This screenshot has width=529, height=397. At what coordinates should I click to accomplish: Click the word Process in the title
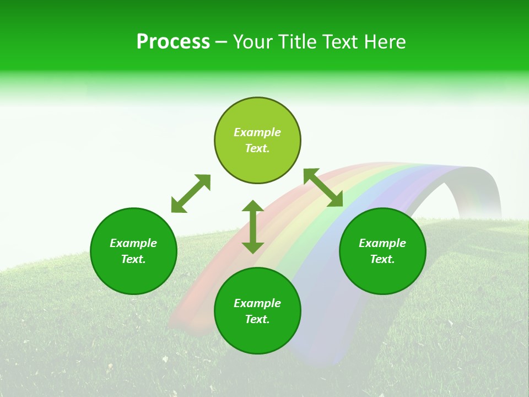(173, 42)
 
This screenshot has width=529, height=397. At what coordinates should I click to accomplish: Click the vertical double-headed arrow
(253, 227)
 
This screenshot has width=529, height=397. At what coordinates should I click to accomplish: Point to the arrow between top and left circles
(191, 194)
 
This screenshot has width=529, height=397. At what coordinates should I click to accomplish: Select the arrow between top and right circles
(323, 187)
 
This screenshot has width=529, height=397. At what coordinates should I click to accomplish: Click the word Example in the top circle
(257, 132)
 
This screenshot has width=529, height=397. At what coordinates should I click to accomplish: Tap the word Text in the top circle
(257, 148)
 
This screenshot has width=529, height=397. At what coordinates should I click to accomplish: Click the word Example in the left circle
(133, 243)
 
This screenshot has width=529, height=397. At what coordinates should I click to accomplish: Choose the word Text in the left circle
(133, 259)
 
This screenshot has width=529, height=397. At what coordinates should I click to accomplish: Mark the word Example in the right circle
(382, 243)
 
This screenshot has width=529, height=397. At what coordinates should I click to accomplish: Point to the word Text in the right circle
(382, 259)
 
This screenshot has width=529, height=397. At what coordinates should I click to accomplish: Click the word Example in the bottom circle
(257, 303)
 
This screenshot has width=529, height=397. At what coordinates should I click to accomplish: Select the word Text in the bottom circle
(257, 319)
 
